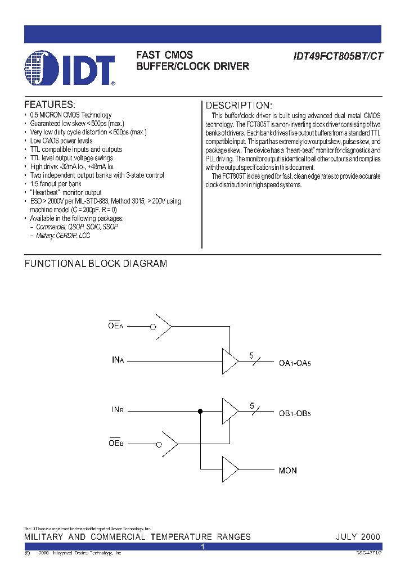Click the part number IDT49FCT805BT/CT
pyautogui.click(x=337, y=56)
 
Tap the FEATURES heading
pyautogui.click(x=49, y=105)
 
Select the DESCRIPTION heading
pyautogui.click(x=238, y=106)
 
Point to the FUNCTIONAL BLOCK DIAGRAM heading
pyautogui.click(x=96, y=264)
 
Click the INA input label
pyautogui.click(x=116, y=359)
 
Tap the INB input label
pyautogui.click(x=116, y=410)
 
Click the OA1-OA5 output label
pyautogui.click(x=295, y=363)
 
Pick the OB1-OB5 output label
pyautogui.click(x=295, y=414)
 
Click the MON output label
pyautogui.click(x=287, y=470)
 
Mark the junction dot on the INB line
pyautogui.click(x=200, y=412)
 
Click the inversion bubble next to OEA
pyautogui.click(x=152, y=327)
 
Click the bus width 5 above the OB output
pyautogui.click(x=252, y=405)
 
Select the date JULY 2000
pyautogui.click(x=358, y=537)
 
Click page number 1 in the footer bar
pyautogui.click(x=202, y=547)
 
